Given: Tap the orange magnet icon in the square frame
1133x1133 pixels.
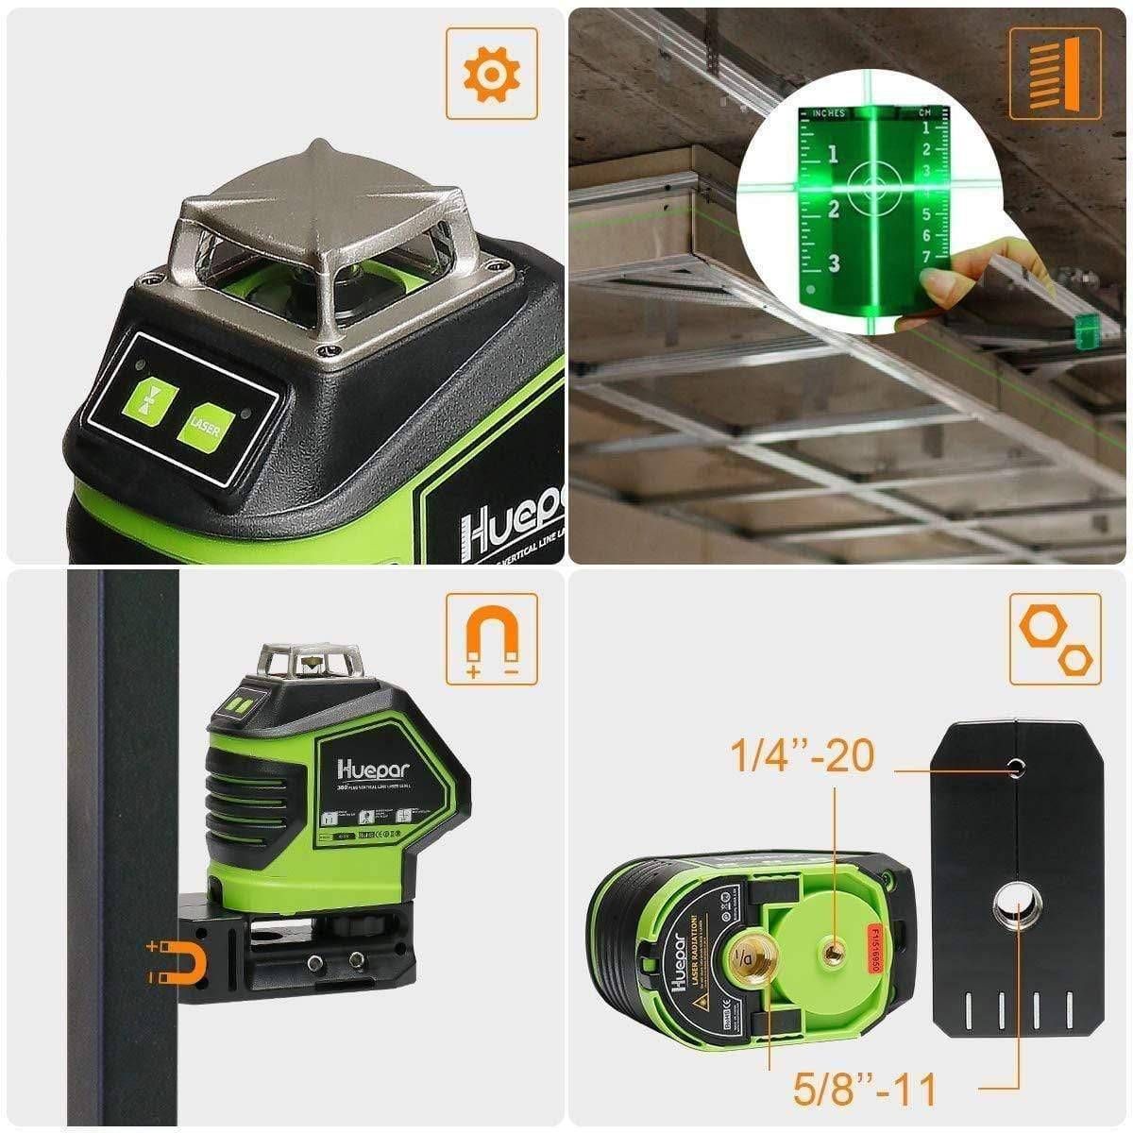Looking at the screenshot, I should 491,639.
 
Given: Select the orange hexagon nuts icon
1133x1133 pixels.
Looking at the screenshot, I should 1055,639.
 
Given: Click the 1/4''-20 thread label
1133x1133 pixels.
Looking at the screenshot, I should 802,755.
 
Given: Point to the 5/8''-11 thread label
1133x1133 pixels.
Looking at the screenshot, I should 864,1089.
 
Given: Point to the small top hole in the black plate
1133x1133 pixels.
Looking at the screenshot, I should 1016,765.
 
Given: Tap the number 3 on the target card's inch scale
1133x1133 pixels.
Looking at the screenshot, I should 834,263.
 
